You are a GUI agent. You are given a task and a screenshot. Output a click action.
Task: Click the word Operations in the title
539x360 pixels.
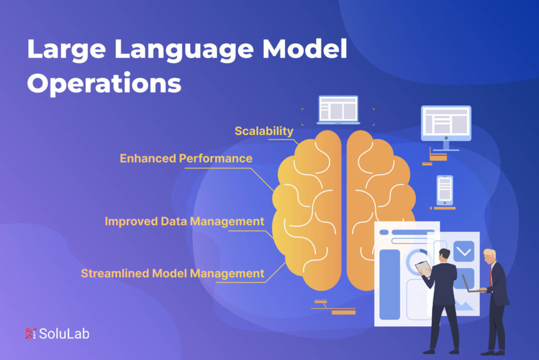[104, 84]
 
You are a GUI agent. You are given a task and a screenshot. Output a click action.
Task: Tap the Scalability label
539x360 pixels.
[264, 131]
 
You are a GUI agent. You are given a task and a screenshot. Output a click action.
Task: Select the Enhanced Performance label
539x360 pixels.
[186, 158]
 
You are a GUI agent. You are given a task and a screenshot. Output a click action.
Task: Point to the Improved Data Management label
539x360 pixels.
[184, 222]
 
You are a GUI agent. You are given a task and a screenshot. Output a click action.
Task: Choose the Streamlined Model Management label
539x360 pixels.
[173, 273]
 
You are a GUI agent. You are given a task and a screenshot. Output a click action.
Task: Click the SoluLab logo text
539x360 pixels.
[64, 334]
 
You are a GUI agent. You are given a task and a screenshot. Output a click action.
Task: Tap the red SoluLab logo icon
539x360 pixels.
[31, 334]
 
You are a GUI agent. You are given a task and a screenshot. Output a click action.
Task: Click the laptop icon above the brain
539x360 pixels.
[338, 109]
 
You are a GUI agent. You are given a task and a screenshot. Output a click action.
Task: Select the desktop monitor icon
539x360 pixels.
[446, 127]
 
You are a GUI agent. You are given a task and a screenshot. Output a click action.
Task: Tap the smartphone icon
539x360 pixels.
[445, 190]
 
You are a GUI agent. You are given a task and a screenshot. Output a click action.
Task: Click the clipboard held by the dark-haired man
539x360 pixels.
[423, 268]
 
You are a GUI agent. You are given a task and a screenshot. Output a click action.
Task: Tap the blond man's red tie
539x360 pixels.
[491, 275]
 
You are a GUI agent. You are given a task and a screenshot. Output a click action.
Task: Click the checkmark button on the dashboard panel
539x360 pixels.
[464, 252]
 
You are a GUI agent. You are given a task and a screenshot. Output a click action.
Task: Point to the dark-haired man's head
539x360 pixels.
[444, 255]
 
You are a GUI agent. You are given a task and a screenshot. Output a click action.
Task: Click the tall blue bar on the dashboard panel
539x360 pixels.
[390, 285]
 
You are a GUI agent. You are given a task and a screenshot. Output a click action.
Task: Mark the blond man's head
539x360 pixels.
[489, 256]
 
